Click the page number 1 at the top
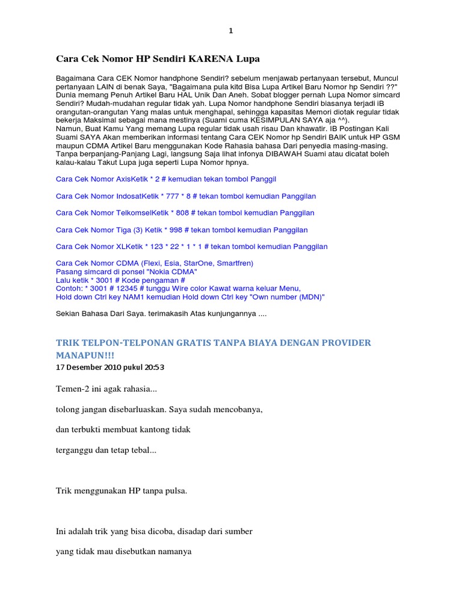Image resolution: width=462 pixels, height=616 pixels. tap(230, 31)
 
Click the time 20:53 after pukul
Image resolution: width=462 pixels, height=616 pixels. tap(154, 367)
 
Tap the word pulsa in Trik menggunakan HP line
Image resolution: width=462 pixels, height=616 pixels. tap(174, 491)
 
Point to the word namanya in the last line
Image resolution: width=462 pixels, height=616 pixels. tap(174, 551)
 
